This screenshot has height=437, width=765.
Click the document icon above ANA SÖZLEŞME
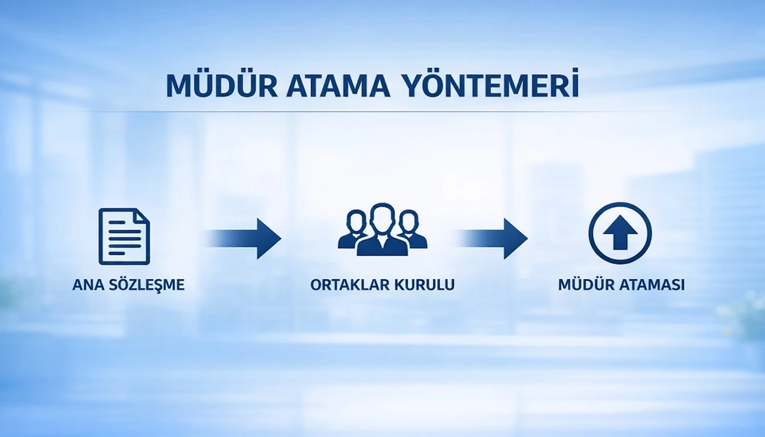[x=124, y=236]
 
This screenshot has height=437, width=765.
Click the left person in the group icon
[x=355, y=230]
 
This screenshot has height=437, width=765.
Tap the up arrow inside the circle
[x=620, y=234]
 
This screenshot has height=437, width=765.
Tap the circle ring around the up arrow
[x=593, y=233]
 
